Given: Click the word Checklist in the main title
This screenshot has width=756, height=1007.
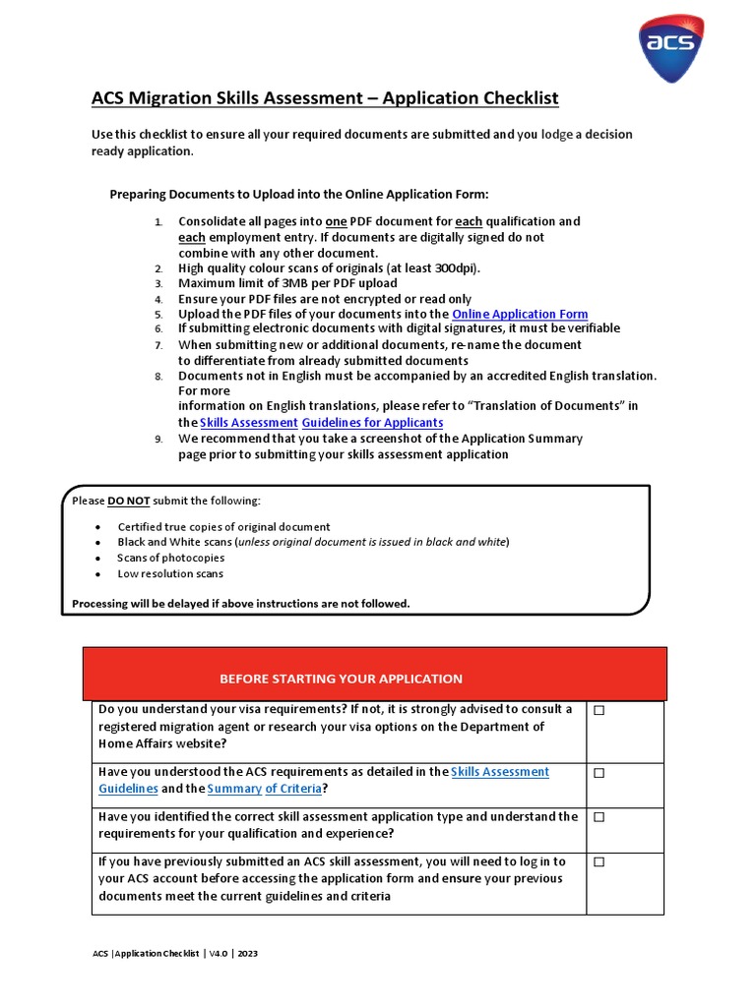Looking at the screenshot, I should (512, 98).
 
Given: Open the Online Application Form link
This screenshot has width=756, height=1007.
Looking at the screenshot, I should (520, 314).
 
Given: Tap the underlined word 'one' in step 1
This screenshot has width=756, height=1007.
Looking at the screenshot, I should (336, 221).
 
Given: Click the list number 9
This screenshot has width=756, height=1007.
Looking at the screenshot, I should (157, 439).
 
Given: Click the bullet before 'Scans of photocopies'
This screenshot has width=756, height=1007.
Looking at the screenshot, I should (97, 558).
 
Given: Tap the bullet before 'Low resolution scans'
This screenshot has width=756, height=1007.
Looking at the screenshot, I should (97, 573).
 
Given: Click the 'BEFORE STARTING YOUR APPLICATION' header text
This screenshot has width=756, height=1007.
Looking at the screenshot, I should (341, 679).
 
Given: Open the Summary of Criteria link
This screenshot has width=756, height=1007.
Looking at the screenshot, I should (264, 789).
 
